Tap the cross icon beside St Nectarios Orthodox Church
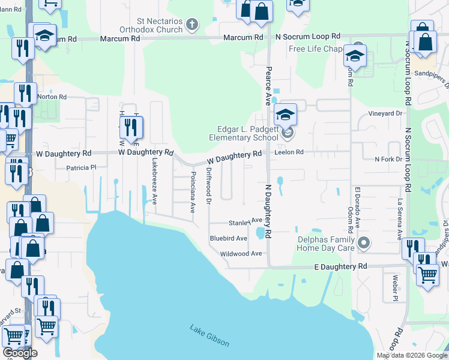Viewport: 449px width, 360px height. [x=191, y=25]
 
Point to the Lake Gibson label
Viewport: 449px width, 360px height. [x=209, y=335]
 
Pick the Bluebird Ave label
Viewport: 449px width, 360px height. [x=228, y=238]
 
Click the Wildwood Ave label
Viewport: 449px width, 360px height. [x=241, y=254]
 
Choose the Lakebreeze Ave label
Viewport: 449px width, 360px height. [x=154, y=181]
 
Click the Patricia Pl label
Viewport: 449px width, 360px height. [x=80, y=168]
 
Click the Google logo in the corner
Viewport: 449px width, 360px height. [x=20, y=353]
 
